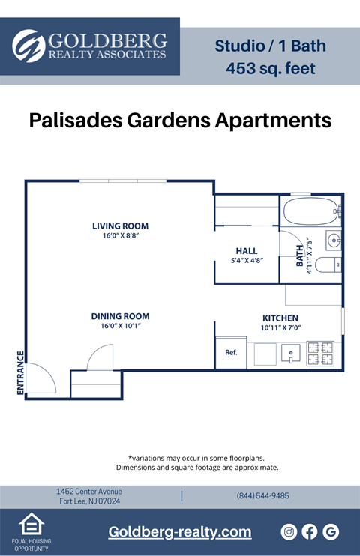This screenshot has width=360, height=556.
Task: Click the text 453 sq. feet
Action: point(270,69)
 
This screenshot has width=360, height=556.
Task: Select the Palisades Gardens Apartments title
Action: point(180,120)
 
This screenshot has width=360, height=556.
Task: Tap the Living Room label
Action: point(120,226)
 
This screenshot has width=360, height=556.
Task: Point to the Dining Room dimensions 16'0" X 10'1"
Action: point(120,326)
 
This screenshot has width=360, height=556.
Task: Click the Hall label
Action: point(246,251)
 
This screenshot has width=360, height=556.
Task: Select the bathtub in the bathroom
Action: point(310,211)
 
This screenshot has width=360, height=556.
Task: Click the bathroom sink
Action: point(334,241)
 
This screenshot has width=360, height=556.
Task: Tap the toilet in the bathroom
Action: point(328,265)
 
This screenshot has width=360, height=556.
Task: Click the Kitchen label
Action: point(280,318)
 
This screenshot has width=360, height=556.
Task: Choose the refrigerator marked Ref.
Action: point(231,353)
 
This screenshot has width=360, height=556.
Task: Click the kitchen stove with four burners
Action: point(321,354)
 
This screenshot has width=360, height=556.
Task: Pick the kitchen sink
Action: point(289,354)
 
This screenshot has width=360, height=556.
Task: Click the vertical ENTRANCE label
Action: point(20,372)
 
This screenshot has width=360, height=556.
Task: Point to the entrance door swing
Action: point(42,377)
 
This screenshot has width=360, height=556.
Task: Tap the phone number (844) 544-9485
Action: point(262,496)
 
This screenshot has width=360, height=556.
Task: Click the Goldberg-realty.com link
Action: point(180,532)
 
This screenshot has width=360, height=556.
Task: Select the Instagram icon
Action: point(289,531)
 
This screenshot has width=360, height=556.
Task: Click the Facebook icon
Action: point(310,531)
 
